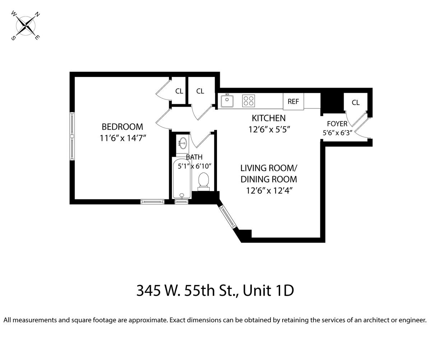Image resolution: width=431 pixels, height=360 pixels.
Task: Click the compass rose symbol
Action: [x=26, y=26]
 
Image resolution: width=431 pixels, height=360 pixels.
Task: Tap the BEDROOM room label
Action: [x=122, y=127]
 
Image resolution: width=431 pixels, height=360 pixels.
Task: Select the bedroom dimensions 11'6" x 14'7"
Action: [x=123, y=138]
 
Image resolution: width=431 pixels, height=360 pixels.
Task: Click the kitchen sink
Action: [x=227, y=101]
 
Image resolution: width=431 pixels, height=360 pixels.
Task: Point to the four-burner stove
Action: [x=249, y=101]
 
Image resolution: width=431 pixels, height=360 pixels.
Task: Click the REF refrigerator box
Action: [x=293, y=101]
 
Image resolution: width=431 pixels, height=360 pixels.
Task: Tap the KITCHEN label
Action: [x=269, y=118]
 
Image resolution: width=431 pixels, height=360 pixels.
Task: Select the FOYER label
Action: [x=337, y=124]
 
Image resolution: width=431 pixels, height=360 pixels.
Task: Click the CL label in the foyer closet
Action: [x=356, y=102]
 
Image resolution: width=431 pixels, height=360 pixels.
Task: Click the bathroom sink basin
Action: [x=182, y=143]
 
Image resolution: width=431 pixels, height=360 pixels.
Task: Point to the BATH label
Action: [x=194, y=157]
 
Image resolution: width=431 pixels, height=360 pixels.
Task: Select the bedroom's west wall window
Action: [x=72, y=136]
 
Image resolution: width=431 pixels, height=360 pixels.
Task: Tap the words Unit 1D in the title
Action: [x=268, y=291]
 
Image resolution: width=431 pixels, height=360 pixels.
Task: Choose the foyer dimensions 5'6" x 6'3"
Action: [x=337, y=133]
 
